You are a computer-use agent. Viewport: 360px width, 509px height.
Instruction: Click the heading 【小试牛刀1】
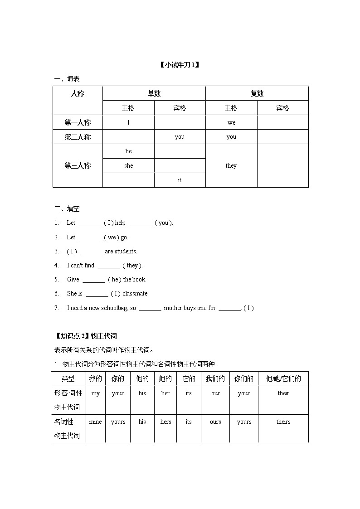coord(180,65)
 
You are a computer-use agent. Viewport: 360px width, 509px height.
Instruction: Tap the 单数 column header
coord(154,93)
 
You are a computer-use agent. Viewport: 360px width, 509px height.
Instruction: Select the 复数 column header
coord(257,93)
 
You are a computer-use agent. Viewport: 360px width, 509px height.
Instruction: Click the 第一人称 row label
coord(78,122)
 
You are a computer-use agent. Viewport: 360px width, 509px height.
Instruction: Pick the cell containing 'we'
coord(231,122)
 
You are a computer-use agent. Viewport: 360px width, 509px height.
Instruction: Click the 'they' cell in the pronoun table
coord(231,165)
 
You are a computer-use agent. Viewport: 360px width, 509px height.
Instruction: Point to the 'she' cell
coord(128,165)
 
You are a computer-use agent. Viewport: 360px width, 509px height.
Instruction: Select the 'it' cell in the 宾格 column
coord(180,180)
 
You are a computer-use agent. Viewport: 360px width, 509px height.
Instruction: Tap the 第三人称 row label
coord(78,165)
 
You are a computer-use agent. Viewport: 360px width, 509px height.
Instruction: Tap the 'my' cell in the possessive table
coord(95,393)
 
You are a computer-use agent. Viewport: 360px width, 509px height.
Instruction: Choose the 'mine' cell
coord(95,422)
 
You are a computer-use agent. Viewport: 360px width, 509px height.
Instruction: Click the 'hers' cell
coord(165,422)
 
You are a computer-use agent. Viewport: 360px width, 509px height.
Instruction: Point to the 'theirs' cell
coord(283,422)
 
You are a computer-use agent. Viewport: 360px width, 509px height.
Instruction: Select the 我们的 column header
coord(215,378)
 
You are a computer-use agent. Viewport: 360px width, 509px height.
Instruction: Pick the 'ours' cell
coord(215,422)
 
